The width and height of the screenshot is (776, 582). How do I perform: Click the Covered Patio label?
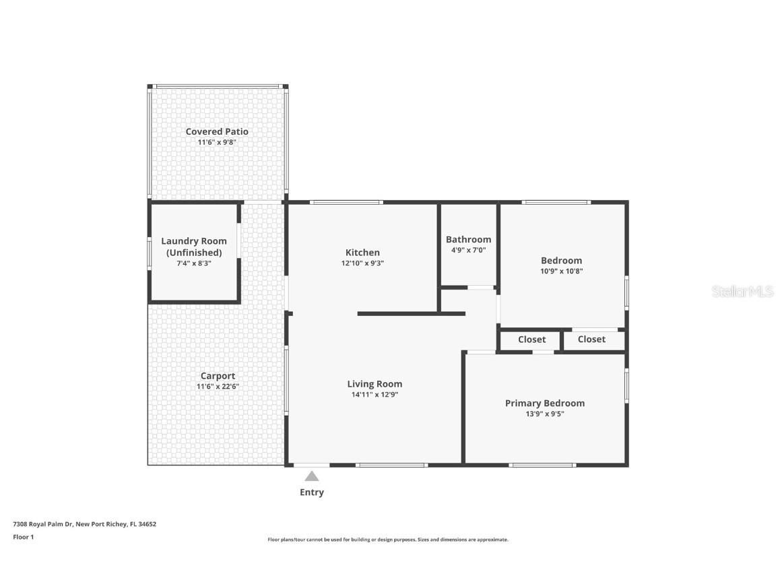[x=217, y=131]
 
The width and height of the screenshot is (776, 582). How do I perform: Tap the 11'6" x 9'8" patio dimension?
[x=217, y=142]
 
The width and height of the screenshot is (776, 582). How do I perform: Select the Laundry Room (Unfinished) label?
[x=194, y=247]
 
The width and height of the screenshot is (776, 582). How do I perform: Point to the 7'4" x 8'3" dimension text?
[x=194, y=263]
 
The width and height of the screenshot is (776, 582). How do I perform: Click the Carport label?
[x=218, y=376]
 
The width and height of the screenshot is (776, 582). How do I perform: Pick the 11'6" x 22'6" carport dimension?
[x=218, y=387]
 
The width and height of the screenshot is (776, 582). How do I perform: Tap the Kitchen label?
[x=362, y=253]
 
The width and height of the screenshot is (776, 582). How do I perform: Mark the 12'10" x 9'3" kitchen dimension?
[x=362, y=263]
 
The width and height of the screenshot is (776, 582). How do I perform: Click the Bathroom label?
[x=468, y=239]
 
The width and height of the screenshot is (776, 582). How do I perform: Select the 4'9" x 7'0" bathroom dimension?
[x=468, y=250]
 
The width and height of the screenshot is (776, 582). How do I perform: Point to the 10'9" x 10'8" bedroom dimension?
[x=561, y=271]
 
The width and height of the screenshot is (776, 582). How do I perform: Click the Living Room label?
[x=375, y=384]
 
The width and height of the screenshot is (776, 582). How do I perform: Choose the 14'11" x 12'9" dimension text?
[x=375, y=395]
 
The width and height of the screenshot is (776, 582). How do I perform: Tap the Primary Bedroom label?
[x=545, y=403]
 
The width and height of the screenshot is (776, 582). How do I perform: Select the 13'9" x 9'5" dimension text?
[x=545, y=414]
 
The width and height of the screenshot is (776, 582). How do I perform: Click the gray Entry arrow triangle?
[x=311, y=476]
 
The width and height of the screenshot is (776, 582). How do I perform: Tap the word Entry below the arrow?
[x=311, y=492]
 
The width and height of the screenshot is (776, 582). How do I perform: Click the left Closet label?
[x=531, y=339]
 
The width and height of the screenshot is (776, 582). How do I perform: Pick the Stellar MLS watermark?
[x=743, y=292]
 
